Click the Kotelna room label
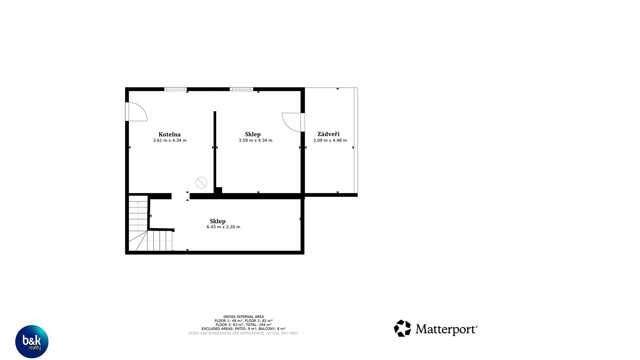169,134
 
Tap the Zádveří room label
328,134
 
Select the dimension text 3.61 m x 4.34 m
170,140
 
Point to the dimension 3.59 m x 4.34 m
255,140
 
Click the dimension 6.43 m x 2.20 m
223,227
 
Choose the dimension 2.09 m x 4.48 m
330,140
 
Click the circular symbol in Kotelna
201,182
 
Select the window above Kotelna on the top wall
175,89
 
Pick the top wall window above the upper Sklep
241,89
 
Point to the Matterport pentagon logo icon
402,328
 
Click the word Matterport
446,329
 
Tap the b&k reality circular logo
32,342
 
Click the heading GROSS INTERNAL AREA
243,317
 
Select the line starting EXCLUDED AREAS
243,329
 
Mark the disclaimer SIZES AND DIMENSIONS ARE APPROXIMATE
243,333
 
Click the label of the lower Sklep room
218,221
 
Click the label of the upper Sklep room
253,134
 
